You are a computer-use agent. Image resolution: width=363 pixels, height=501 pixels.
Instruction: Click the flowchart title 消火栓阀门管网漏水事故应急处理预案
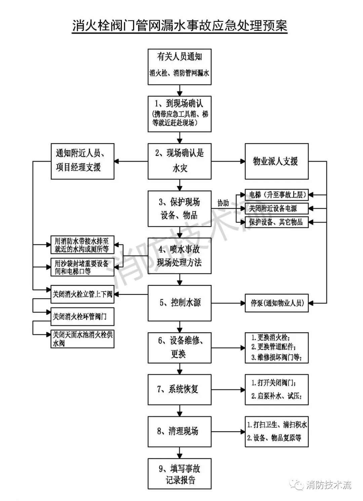coord(180,26)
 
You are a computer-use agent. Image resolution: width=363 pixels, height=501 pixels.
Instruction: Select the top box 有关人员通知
coord(179,67)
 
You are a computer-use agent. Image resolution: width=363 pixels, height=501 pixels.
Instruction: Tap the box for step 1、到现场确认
coord(179,114)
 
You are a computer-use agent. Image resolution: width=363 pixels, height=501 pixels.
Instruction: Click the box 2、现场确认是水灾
coord(179,161)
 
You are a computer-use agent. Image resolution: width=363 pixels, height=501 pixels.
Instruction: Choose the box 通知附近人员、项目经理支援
coord(82,161)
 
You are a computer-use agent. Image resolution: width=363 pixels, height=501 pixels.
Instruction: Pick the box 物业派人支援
coord(276,161)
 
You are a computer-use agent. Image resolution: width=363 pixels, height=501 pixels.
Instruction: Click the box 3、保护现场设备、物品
coord(179,208)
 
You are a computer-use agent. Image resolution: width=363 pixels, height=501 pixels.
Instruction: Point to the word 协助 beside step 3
coord(223,203)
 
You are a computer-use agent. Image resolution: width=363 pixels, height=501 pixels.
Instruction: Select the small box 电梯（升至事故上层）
coord(276,195)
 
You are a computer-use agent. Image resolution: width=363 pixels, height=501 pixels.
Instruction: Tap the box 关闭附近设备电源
coord(276,208)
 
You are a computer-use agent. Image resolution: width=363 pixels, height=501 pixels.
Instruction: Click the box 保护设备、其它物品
coord(276,222)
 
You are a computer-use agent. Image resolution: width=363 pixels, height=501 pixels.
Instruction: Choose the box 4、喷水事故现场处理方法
coord(179,256)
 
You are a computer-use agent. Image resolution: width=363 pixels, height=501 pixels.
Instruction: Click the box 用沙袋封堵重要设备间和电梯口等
coord(82,267)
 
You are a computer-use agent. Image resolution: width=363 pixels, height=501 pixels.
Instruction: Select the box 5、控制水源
coord(179,303)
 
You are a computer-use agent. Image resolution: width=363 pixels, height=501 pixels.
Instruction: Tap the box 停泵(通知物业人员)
coord(276,303)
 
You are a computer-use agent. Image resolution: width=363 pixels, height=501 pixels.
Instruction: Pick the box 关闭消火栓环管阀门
coord(82,317)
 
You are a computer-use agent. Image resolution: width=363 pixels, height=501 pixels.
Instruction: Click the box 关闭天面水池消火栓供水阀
coord(82,339)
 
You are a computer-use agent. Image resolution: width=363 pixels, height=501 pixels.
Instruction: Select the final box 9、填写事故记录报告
coord(179,474)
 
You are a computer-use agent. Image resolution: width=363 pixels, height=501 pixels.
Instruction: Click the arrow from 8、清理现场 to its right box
coord(229,431)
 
